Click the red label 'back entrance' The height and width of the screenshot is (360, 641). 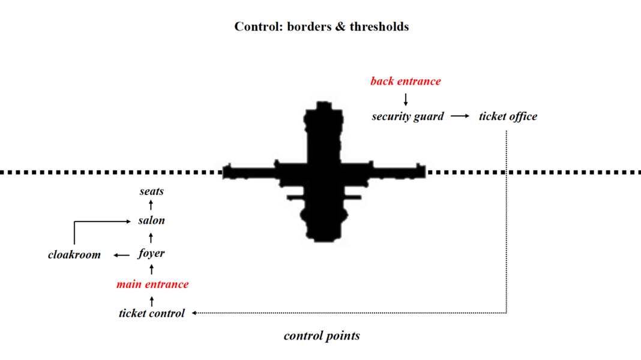pyautogui.click(x=405, y=81)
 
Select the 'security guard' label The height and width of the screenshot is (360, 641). pyautogui.click(x=408, y=116)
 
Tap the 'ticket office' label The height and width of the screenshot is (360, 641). pyautogui.click(x=508, y=116)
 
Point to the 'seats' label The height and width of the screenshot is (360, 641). pyautogui.click(x=151, y=191)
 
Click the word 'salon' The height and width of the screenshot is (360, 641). pyautogui.click(x=151, y=221)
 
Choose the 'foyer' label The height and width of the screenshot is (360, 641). pyautogui.click(x=151, y=253)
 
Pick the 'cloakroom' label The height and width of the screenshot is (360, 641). pyautogui.click(x=74, y=255)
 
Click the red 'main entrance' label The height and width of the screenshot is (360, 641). pyautogui.click(x=152, y=284)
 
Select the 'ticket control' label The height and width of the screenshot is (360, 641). pyautogui.click(x=152, y=313)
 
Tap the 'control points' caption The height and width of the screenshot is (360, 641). pyautogui.click(x=322, y=336)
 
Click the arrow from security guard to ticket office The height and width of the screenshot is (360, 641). pyautogui.click(x=460, y=116)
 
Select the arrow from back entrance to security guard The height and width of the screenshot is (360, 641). pyautogui.click(x=406, y=99)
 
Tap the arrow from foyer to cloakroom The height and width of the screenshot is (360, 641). pyautogui.click(x=122, y=255)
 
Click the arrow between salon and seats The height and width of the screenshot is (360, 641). pyautogui.click(x=151, y=206)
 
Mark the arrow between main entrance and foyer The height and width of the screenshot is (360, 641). pyautogui.click(x=152, y=269)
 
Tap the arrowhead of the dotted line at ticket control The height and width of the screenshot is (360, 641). pyautogui.click(x=195, y=313)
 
